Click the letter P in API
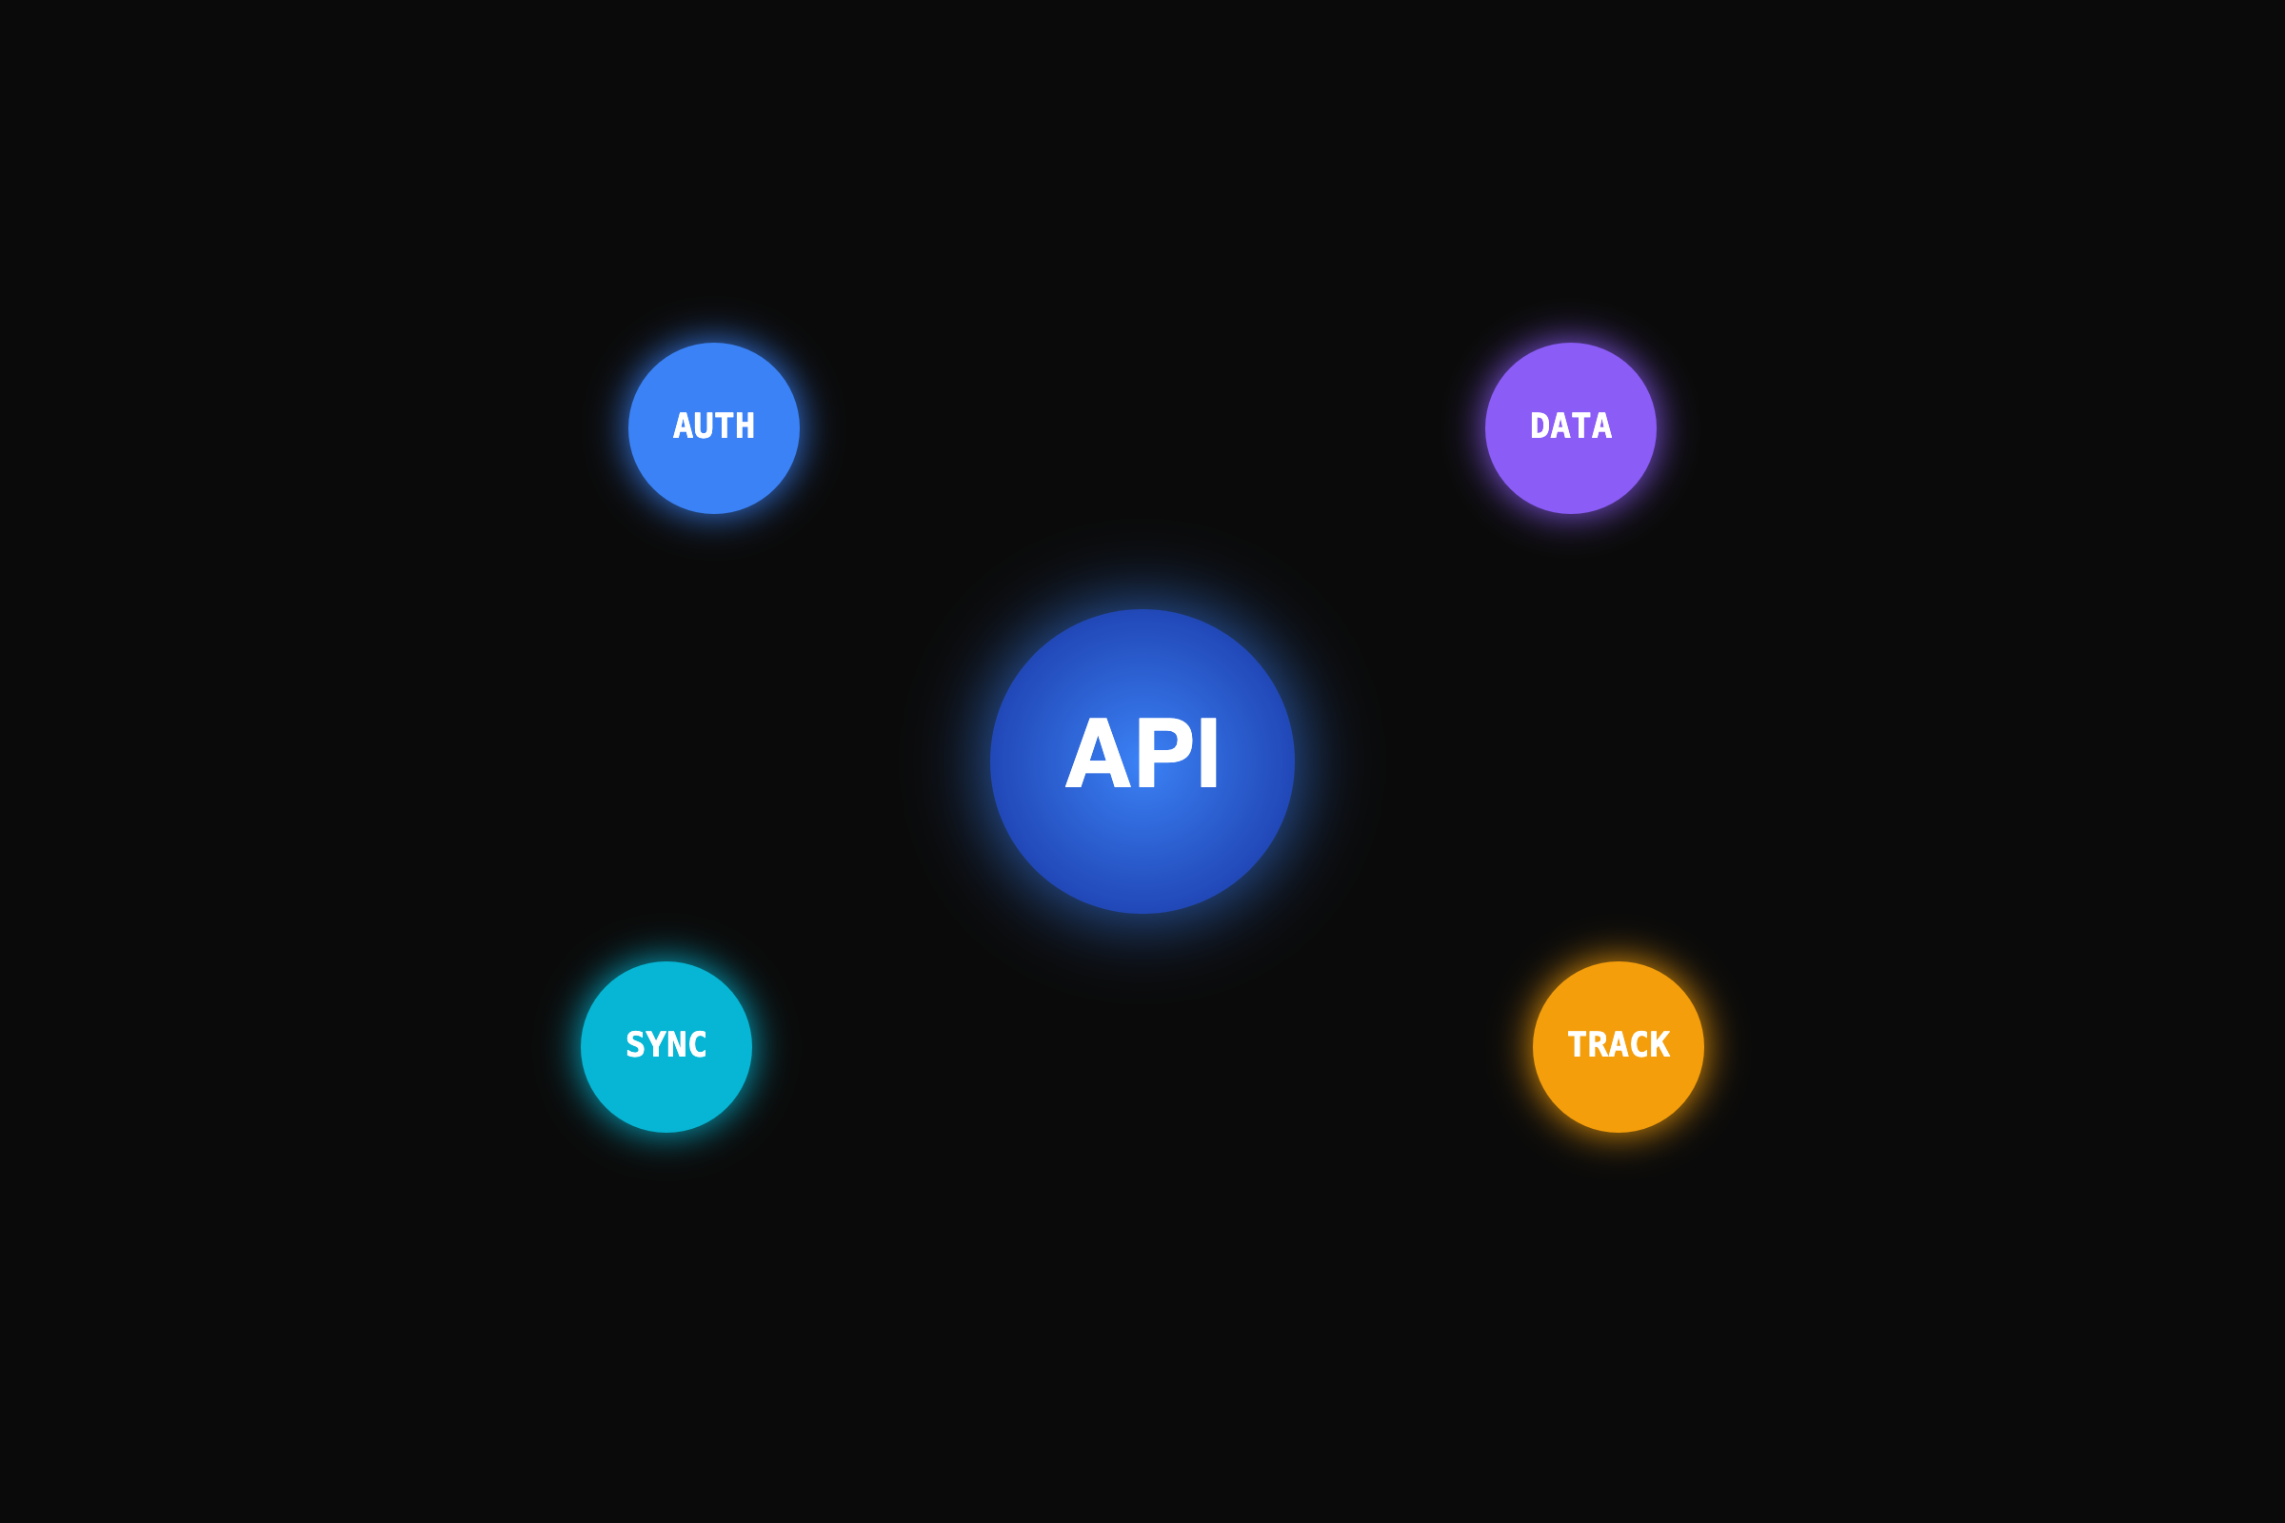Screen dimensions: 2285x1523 1163,753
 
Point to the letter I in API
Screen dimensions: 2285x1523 1207,753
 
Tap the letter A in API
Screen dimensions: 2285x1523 1098,753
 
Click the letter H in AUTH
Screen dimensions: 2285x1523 745,425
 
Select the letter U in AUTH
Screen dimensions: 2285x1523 705,425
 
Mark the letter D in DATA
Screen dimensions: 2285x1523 1540,425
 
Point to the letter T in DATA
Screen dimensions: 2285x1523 1580,425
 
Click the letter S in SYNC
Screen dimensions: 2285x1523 635,1044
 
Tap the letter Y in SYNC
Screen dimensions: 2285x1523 656,1044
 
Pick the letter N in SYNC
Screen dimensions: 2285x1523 677,1044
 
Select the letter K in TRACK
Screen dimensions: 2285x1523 1659,1044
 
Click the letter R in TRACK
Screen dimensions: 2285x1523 1598,1044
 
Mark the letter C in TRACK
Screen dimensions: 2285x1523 1639,1044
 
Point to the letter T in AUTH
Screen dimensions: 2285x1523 725,425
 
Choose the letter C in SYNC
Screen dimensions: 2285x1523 698,1044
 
